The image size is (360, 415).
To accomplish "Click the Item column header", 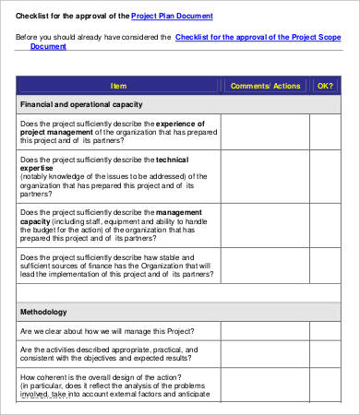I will tap(118, 86).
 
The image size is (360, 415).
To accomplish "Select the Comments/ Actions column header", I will tap(266, 86).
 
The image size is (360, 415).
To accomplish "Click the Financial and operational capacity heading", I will tap(81, 105).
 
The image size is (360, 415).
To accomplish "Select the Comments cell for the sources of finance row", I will tap(266, 267).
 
